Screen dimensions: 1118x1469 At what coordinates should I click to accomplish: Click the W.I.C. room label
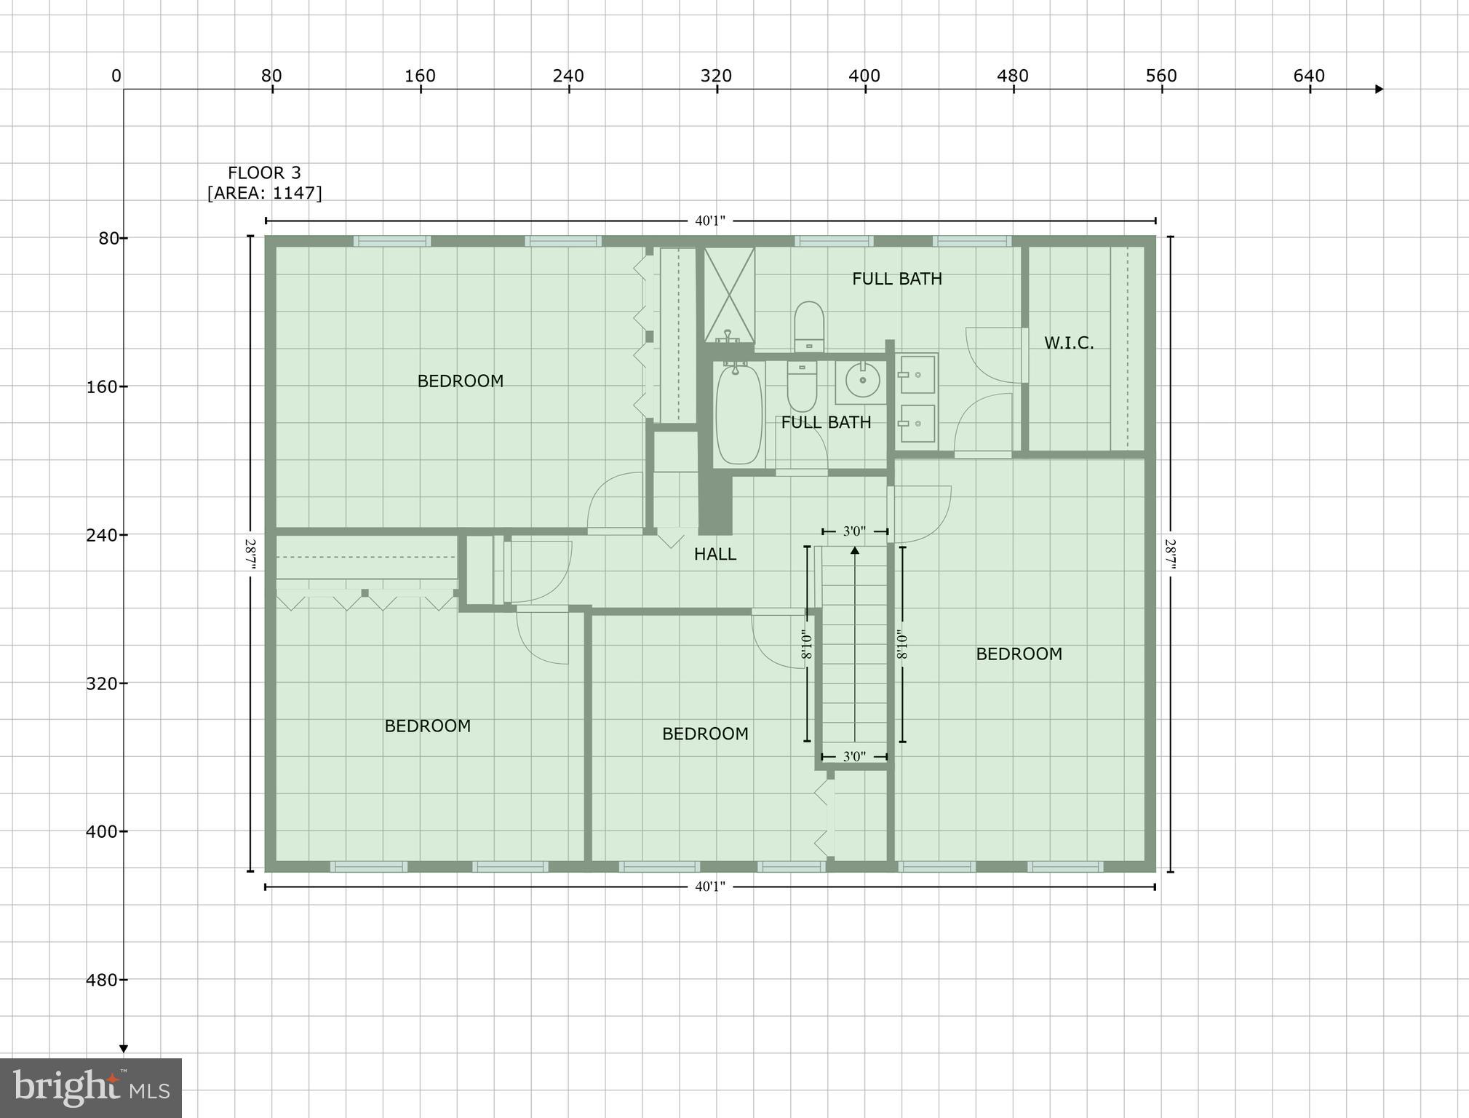[x=1068, y=343]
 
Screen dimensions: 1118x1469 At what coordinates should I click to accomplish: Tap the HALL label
[x=714, y=555]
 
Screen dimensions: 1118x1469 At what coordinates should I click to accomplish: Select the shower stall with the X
[x=729, y=294]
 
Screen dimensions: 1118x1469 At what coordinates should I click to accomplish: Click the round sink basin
[x=863, y=380]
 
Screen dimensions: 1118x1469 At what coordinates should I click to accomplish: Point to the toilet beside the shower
[x=808, y=327]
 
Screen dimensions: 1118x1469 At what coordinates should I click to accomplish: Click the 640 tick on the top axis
[x=1309, y=76]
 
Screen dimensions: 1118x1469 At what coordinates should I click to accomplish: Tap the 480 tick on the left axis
[x=102, y=980]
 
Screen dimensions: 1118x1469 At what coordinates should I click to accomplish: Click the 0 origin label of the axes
[x=116, y=76]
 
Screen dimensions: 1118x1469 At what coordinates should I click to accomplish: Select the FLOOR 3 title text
[x=264, y=173]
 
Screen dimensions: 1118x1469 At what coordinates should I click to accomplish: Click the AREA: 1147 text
[x=264, y=193]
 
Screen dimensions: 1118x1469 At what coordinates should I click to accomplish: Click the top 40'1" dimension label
[x=709, y=221]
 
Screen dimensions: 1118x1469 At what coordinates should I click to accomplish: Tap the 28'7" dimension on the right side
[x=1170, y=555]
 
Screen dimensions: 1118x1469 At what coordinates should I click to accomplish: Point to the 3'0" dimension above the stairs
[x=854, y=532]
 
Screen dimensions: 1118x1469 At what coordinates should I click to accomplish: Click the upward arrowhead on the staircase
[x=855, y=551]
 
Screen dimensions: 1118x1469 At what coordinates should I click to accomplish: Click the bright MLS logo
[x=91, y=1087]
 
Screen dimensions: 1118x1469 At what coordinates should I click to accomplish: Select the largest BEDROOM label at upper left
[x=460, y=381]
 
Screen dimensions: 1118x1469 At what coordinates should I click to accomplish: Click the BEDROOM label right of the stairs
[x=1018, y=654]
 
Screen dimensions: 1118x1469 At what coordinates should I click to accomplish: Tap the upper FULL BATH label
[x=896, y=279]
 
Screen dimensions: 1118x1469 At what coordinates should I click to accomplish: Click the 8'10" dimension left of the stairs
[x=806, y=644]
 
